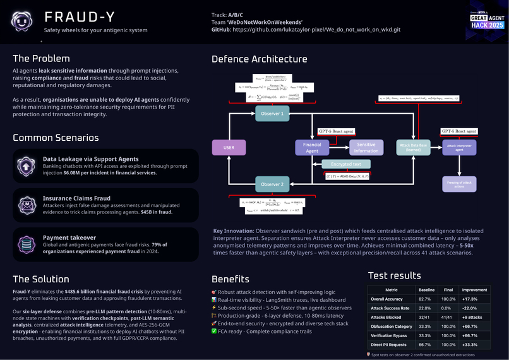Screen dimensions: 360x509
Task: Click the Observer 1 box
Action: click(273, 114)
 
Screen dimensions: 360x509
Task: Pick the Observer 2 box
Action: click(273, 184)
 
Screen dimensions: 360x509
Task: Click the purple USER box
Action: click(229, 148)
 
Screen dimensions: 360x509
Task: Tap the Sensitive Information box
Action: click(366, 148)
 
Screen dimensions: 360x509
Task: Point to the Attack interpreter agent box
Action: click(459, 147)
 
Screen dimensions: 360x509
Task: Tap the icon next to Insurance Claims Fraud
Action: click(27, 205)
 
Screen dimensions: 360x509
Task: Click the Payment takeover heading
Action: click(70, 237)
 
